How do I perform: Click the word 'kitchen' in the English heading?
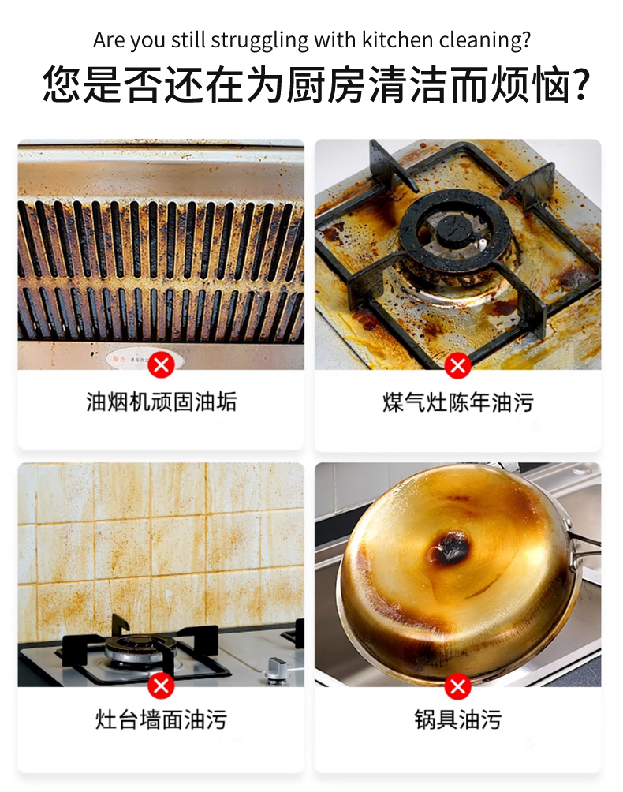click(397, 39)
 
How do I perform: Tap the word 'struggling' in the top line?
click(259, 40)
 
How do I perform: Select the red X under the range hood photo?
click(161, 364)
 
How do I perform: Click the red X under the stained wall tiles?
click(161, 686)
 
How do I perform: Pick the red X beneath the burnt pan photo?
click(457, 686)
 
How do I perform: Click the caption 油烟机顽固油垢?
click(161, 402)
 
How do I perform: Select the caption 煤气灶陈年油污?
click(458, 402)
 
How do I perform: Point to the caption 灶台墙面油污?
click(161, 719)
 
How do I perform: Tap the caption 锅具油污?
click(458, 719)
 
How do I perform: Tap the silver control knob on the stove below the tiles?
click(277, 670)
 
